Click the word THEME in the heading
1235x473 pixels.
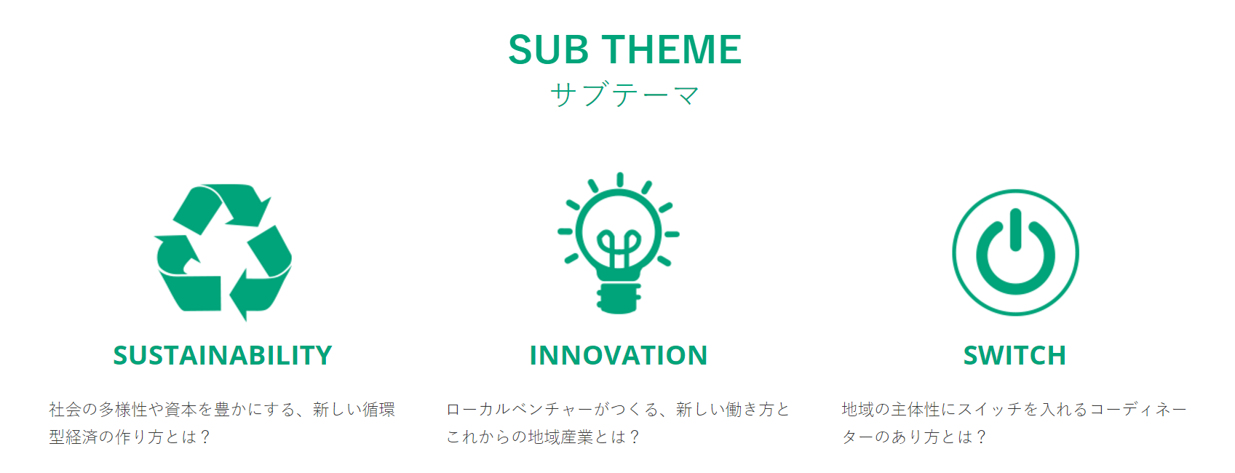671,49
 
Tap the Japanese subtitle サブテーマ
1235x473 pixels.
624,95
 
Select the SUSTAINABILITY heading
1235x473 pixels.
222,355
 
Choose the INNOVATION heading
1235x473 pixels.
618,355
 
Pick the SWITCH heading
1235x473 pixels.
1014,355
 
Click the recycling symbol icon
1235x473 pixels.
223,252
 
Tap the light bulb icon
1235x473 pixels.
618,243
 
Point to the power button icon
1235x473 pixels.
1015,253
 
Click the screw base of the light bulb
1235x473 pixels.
618,298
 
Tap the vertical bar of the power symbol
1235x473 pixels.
1015,230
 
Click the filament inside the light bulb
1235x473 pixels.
619,248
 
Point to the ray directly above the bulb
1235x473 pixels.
620,180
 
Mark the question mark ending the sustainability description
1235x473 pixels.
205,437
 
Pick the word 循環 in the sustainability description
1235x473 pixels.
378,410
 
